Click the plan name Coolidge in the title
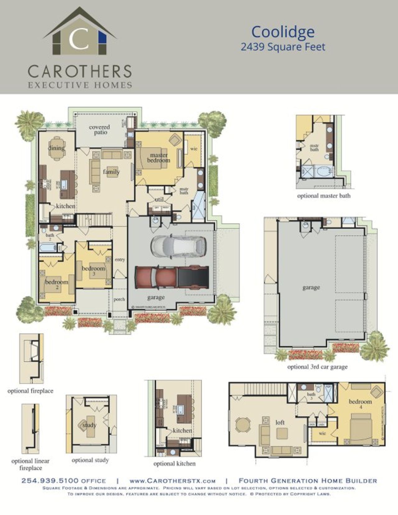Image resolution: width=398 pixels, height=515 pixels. point(283,32)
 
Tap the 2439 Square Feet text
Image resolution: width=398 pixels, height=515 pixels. point(283,47)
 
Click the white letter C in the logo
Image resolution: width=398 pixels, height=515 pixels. point(80,39)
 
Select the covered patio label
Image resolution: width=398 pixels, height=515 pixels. point(99,130)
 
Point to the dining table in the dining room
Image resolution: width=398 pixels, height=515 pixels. point(57,148)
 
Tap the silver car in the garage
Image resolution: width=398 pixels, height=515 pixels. point(178,246)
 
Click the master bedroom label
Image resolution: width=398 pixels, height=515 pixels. point(159,157)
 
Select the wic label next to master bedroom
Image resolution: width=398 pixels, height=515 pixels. point(194,149)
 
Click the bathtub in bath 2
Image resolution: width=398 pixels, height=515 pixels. point(48,248)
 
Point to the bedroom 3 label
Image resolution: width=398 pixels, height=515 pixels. point(93,271)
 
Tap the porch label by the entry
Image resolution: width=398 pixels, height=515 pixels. point(119,299)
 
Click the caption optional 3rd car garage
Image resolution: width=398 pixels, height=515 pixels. point(317,367)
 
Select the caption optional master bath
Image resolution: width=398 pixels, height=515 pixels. point(323,196)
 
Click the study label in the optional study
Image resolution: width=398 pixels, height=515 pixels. point(90,425)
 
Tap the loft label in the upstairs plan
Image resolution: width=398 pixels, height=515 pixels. point(280,422)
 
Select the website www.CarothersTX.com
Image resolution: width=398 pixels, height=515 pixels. point(172,481)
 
